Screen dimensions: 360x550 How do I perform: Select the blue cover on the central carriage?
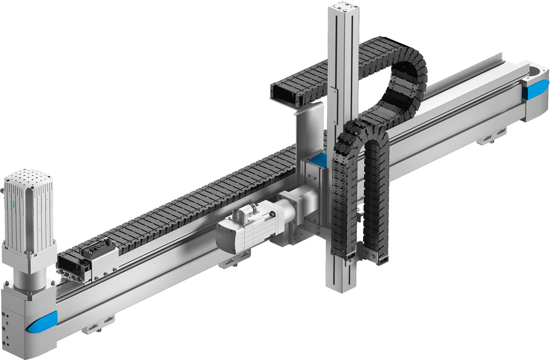pos(318,160)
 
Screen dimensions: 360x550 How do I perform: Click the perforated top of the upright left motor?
pos(29,179)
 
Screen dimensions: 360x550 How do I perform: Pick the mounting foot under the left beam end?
pos(98,327)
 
